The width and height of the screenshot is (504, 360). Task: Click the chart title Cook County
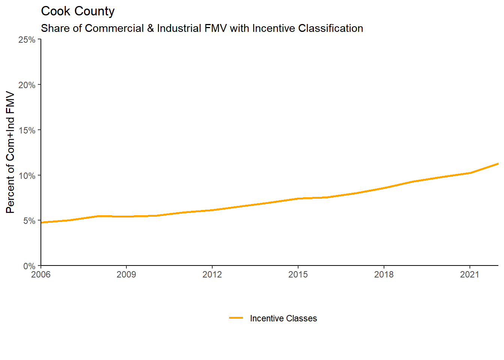click(x=78, y=11)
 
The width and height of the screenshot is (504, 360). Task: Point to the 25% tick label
click(x=27, y=40)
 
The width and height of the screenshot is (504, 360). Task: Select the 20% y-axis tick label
click(x=27, y=85)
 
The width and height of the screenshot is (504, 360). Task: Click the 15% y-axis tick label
click(x=27, y=130)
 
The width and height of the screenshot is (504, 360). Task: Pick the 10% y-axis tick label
click(x=27, y=176)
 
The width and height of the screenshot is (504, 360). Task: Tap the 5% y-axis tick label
click(x=29, y=221)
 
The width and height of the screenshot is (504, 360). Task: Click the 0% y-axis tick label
click(x=29, y=266)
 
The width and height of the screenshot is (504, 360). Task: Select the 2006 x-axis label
click(x=40, y=274)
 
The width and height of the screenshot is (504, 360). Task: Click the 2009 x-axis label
click(x=126, y=274)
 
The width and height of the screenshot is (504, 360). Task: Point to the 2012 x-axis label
click(x=212, y=274)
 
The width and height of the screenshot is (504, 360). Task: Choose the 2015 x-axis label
click(x=298, y=274)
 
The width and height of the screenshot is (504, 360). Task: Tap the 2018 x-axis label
click(x=384, y=274)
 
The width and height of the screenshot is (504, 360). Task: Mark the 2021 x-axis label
click(x=470, y=274)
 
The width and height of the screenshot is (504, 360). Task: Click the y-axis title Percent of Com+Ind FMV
click(x=10, y=153)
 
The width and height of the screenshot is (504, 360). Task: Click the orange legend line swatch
click(x=236, y=318)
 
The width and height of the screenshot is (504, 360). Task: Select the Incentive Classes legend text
click(x=283, y=318)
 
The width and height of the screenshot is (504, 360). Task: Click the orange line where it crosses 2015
click(x=298, y=198)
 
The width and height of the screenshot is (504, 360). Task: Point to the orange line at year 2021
click(x=470, y=173)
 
